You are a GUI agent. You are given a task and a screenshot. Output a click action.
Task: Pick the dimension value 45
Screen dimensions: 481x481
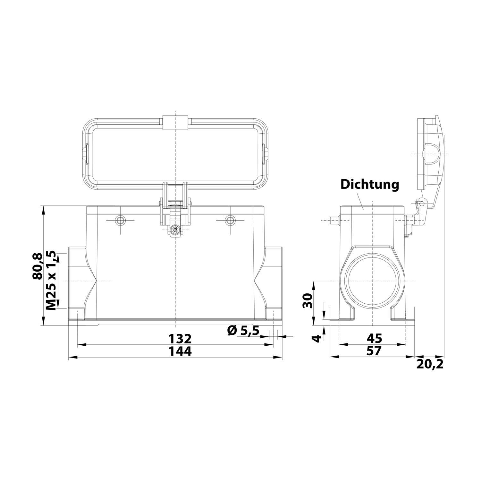pyautogui.click(x=374, y=338)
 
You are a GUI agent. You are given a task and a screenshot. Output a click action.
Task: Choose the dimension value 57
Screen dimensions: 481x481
pyautogui.click(x=374, y=351)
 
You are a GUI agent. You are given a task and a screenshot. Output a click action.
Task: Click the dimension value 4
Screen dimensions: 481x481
pyautogui.click(x=316, y=338)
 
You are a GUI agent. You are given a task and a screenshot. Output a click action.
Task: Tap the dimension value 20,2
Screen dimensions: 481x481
pyautogui.click(x=430, y=364)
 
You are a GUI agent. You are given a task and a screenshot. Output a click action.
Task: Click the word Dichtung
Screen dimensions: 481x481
pyautogui.click(x=369, y=185)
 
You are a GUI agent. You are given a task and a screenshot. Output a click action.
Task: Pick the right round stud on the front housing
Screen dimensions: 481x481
pyautogui.click(x=230, y=220)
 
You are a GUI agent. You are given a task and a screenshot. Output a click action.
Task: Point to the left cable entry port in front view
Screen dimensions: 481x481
pyautogui.click(x=77, y=281)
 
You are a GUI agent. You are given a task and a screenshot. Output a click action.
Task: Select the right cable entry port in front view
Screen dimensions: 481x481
pyautogui.click(x=273, y=281)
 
